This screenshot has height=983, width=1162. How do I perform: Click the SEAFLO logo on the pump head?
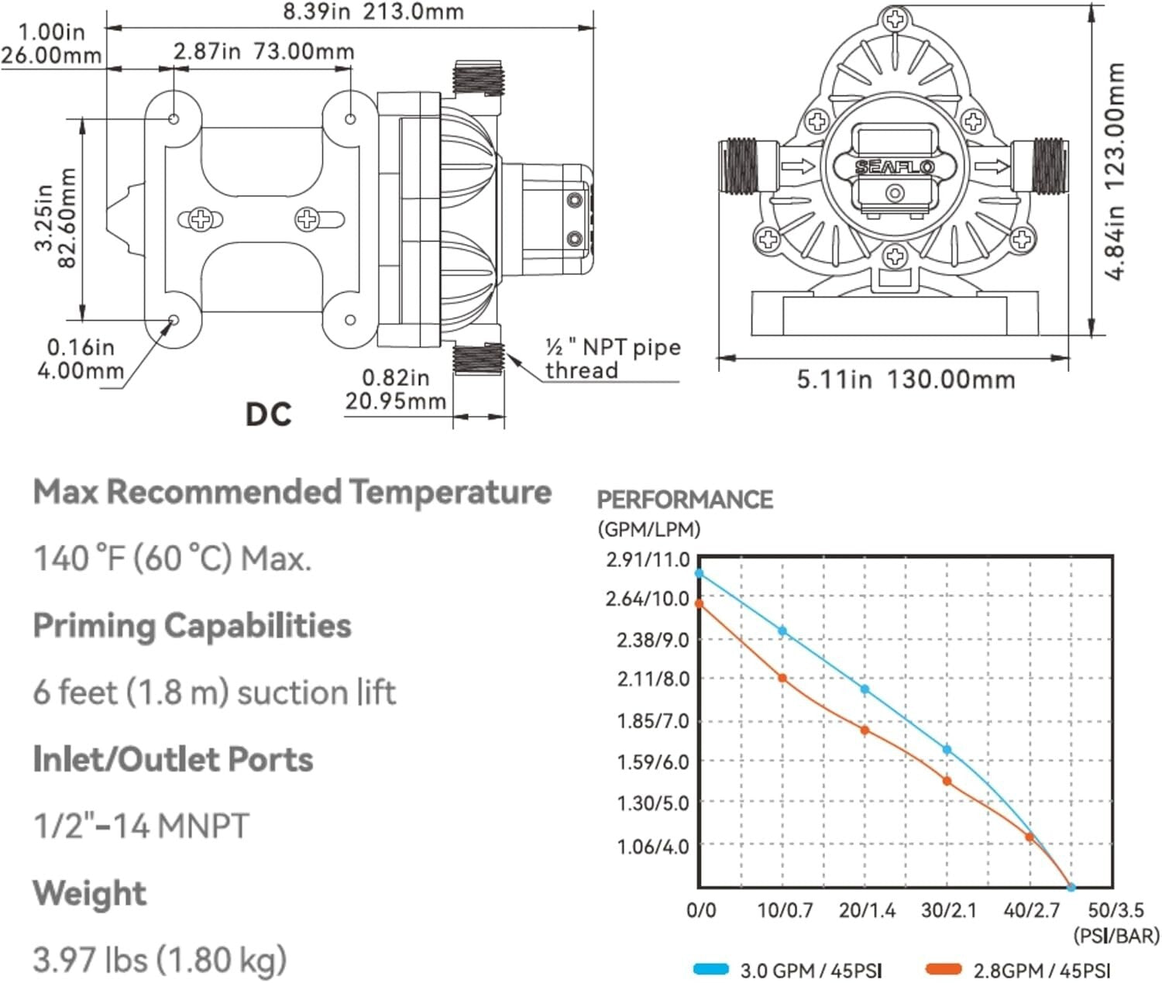[x=895, y=167]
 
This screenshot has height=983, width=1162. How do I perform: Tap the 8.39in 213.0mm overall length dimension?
[x=373, y=12]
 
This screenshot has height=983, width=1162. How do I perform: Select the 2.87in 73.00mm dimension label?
[x=263, y=51]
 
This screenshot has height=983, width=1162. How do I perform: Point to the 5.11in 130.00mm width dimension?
[x=906, y=380]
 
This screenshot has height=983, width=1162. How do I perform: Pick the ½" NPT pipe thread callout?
[x=612, y=358]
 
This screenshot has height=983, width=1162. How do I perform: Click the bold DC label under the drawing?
[x=268, y=414]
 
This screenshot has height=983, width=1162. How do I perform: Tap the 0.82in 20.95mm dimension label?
[x=396, y=389]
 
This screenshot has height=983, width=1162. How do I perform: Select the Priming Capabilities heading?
[x=192, y=625]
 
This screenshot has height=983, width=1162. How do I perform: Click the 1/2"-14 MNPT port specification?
[x=141, y=826]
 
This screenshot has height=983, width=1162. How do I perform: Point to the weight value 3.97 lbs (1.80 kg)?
[x=160, y=960]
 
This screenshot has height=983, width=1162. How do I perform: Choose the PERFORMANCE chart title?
[x=685, y=500]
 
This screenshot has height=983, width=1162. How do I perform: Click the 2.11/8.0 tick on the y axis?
[x=652, y=679]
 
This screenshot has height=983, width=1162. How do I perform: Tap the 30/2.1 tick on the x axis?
[x=948, y=910]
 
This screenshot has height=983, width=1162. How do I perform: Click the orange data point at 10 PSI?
[x=782, y=678]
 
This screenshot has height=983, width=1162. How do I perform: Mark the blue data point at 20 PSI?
[x=865, y=689]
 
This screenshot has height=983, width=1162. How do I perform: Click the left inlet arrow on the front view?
[x=798, y=166]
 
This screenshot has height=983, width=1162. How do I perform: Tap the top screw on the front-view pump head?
[x=895, y=20]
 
